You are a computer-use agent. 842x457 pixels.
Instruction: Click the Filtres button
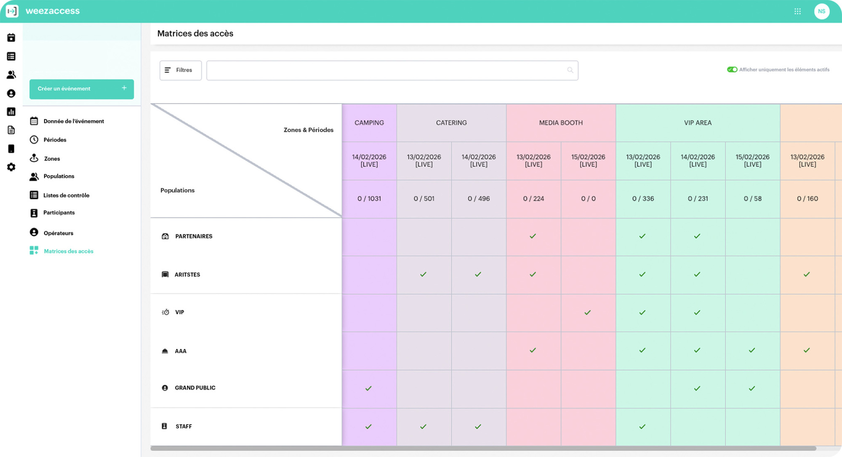[x=180, y=70]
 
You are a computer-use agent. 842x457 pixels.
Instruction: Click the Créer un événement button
[x=81, y=89]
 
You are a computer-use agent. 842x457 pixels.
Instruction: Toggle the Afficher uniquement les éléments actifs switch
[x=732, y=70]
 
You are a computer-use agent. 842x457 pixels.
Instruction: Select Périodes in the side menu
[x=55, y=140]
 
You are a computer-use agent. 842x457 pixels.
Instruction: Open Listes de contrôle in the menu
[x=66, y=195]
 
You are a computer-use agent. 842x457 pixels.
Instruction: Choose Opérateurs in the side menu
[x=58, y=233]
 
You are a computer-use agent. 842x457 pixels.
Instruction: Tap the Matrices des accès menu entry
[x=68, y=251]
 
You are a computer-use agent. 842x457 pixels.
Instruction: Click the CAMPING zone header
[x=369, y=123]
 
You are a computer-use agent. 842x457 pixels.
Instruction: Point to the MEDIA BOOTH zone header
[x=561, y=123]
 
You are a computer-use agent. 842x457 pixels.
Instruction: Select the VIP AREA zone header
[x=698, y=123]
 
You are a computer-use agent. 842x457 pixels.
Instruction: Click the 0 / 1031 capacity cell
[x=369, y=199]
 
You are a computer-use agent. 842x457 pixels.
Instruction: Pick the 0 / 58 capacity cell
[x=752, y=199]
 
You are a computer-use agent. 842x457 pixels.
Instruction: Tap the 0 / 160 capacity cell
[x=807, y=199]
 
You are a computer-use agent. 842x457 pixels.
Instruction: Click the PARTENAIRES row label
[x=194, y=236]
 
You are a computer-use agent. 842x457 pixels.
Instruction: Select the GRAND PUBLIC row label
[x=195, y=388]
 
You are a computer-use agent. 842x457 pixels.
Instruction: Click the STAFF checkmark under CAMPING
[x=368, y=427]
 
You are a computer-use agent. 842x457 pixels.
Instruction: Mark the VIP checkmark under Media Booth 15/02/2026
[x=587, y=313]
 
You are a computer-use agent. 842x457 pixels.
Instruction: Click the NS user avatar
[x=821, y=11]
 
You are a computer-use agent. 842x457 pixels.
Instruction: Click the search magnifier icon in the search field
[x=570, y=70]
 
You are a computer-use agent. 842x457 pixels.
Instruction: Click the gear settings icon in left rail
[x=11, y=167]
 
